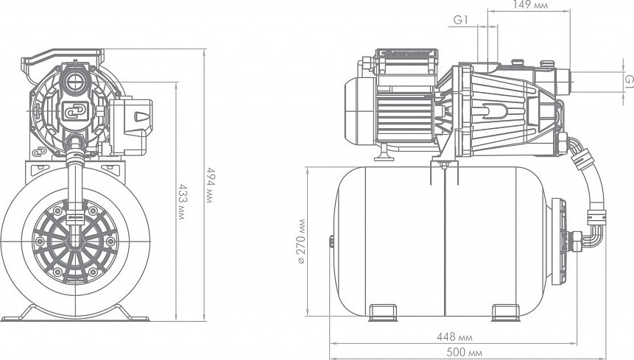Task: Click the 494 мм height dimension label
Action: pos(209,185)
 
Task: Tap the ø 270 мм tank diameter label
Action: pos(301,241)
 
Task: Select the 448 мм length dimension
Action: pos(454,336)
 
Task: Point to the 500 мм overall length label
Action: pos(464,353)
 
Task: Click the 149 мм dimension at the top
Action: pos(530,5)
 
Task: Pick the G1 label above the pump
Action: pos(460,20)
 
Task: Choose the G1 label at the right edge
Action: pos(629,80)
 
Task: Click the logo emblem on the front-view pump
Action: pos(76,111)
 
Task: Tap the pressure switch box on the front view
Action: pos(130,126)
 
